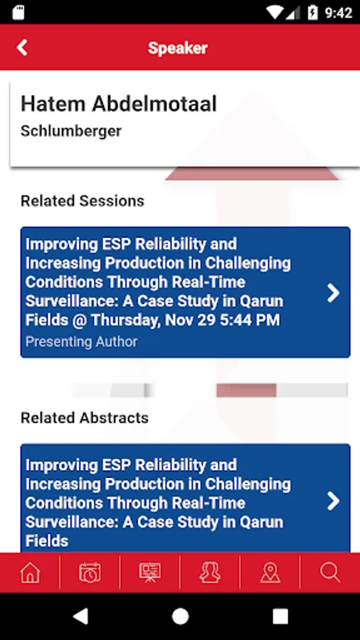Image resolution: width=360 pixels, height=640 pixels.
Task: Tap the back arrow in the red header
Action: coord(22,48)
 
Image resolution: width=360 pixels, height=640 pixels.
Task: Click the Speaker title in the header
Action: coord(178,48)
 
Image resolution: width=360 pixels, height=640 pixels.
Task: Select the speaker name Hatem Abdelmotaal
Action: coord(118,104)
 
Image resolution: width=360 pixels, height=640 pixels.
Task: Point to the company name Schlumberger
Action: coord(71,131)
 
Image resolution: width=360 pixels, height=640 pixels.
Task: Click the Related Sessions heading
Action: coord(83,201)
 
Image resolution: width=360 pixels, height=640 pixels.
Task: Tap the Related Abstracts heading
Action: coord(85,417)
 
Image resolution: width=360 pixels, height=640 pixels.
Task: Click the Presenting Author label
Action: coord(81,341)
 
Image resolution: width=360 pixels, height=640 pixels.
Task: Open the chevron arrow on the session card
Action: coord(333,293)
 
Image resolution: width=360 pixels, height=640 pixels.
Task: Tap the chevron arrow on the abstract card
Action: coord(333,501)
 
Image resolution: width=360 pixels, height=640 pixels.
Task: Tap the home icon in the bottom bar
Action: coord(30,572)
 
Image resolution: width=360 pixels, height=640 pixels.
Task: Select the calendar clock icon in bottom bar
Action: coord(90,572)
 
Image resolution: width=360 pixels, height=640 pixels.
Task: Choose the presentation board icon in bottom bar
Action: coord(150,572)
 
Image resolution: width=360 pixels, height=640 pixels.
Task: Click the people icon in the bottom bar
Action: coord(210,572)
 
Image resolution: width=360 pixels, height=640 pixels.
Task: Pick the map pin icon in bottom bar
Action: coord(270,572)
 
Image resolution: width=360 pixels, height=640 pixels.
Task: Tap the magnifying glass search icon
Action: coord(330,572)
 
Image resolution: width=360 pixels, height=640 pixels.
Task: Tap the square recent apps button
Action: coord(280,617)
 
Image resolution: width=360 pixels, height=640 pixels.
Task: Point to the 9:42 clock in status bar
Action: coord(339,13)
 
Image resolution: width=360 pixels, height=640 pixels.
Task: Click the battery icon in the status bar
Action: coord(312,13)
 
